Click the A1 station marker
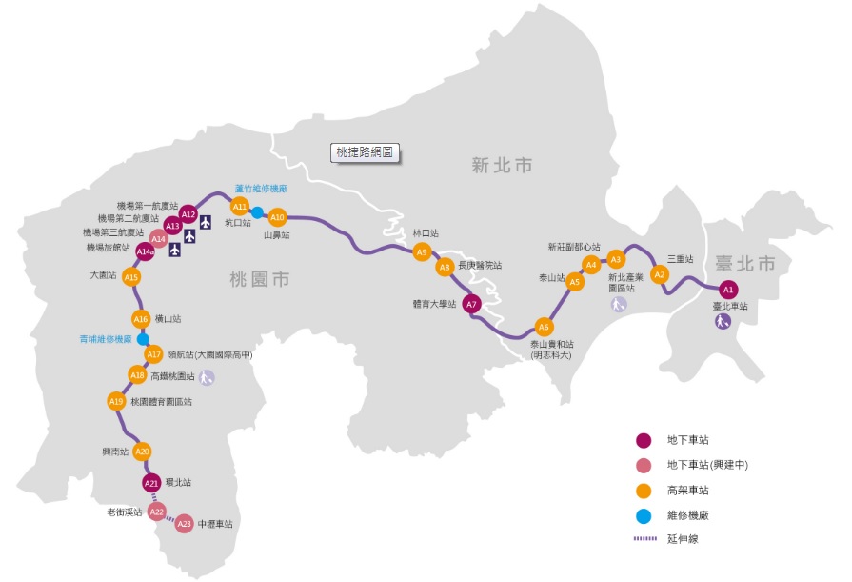[x=727, y=289]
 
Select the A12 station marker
[x=188, y=214]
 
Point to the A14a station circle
[x=145, y=251]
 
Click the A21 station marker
[x=151, y=484]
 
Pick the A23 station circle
[x=185, y=523]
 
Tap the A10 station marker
[x=277, y=216]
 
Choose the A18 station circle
[x=137, y=375]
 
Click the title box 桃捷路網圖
[x=364, y=151]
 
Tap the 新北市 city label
[x=502, y=166]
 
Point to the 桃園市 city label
[x=259, y=279]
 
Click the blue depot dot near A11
[x=257, y=211]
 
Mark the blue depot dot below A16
[x=142, y=338]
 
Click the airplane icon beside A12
[x=206, y=223]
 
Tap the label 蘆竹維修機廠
[x=261, y=189]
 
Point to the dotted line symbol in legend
[x=645, y=539]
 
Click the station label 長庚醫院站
[x=480, y=265]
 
